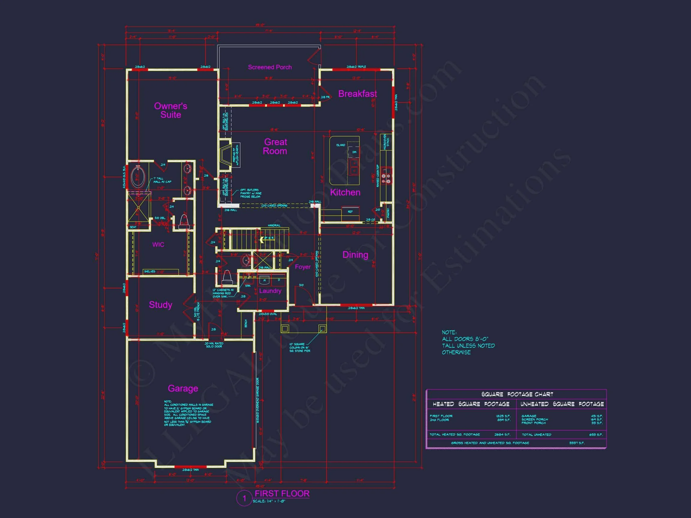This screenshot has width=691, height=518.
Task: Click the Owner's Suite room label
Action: point(171,110)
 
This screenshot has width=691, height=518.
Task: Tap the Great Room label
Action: point(275,147)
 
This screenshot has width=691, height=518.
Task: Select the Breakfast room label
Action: point(357,94)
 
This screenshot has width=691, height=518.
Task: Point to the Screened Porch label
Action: point(270,67)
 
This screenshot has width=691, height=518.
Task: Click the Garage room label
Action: point(183,388)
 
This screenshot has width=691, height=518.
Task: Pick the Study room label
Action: point(160,305)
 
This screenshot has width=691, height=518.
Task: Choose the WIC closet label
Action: point(158,245)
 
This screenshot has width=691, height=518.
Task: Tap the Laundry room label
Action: point(270,291)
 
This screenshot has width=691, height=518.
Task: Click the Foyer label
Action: point(302,267)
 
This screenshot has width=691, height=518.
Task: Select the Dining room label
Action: point(355,255)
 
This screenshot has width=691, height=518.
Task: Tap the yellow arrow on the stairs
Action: point(262,240)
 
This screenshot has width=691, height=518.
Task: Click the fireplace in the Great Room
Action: point(225,154)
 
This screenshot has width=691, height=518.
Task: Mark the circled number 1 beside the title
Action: point(244,499)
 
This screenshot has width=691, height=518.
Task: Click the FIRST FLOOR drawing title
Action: point(282,494)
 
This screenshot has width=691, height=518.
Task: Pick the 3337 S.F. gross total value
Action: point(576,443)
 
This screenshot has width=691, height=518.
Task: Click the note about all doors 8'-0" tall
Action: point(468,342)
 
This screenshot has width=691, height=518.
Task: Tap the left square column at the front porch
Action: point(284,329)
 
